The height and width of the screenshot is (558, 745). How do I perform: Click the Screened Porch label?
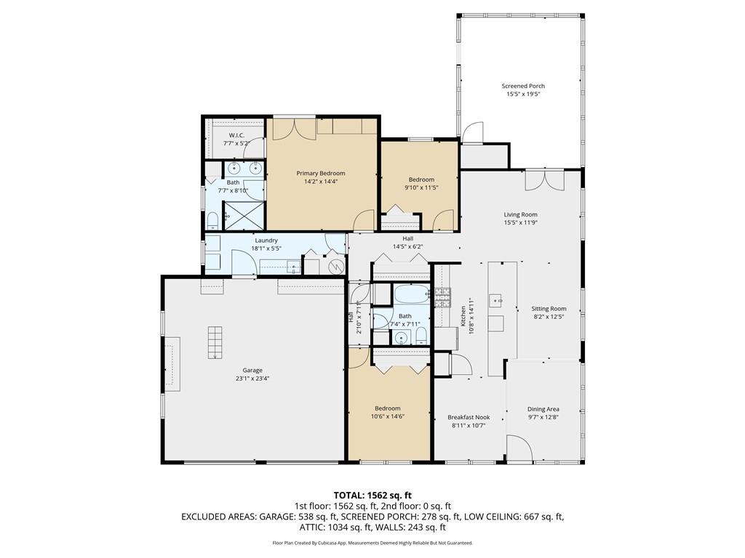coord(523,86)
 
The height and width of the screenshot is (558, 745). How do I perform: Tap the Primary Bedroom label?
coord(321,173)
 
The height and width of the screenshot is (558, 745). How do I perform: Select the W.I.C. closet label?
coord(236,135)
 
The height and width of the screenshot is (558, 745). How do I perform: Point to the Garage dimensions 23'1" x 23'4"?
coord(252,379)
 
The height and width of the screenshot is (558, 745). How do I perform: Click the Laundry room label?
coord(266,240)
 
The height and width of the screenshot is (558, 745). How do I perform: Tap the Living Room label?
coord(521,214)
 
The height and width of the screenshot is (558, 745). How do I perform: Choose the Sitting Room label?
coord(549,308)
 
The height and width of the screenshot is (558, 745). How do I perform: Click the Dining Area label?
coord(543,409)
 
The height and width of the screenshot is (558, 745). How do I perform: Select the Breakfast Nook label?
coord(469,418)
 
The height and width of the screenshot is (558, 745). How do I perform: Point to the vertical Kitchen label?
coord(463,315)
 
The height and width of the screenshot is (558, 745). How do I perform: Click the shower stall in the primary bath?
coord(244,216)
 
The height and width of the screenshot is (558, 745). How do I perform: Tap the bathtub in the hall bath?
coord(412,294)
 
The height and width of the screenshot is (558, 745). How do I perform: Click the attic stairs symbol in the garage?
coord(215,343)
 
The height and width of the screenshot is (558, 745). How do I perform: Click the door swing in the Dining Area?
coord(519,448)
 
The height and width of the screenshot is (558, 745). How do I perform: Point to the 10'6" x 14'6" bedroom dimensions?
coord(388,416)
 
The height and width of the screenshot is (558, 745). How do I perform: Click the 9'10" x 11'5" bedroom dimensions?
coord(421,187)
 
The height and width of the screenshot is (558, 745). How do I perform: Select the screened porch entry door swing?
coord(473,132)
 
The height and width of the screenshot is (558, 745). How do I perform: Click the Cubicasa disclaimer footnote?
coord(372,542)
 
